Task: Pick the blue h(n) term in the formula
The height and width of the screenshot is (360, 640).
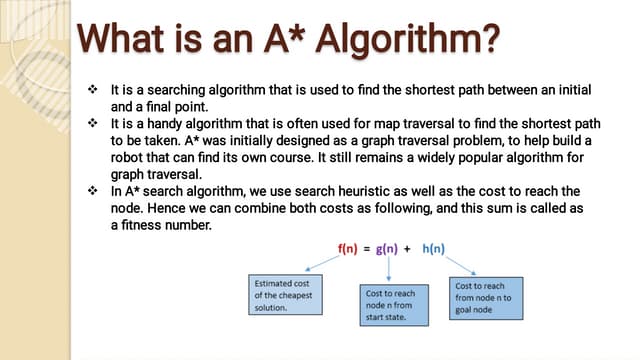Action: (x=435, y=248)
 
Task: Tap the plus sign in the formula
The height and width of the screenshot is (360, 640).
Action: (x=410, y=248)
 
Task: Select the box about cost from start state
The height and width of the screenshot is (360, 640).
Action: (x=395, y=304)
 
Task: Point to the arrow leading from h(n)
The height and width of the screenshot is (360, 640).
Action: (x=455, y=265)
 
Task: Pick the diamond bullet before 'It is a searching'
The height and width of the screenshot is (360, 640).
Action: (x=92, y=89)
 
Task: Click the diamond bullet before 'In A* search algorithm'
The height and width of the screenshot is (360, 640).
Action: (x=92, y=190)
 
